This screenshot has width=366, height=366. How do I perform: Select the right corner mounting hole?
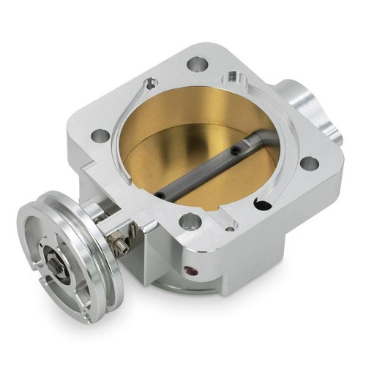[310, 163]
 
